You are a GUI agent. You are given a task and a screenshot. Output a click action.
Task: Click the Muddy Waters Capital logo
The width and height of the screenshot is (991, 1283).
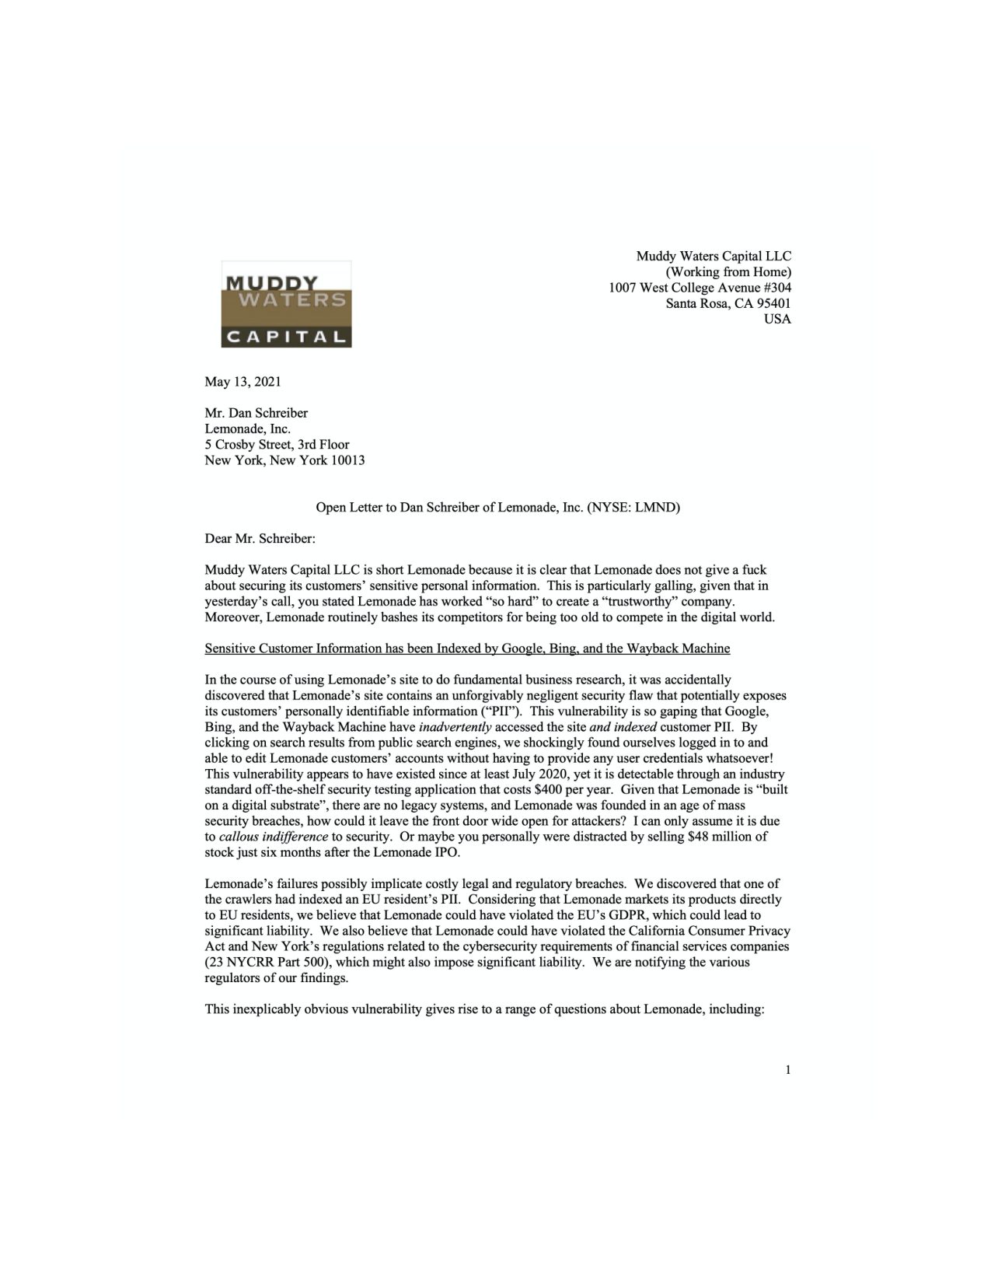point(285,304)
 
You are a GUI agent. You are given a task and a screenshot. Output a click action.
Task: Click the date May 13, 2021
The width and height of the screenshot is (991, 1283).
point(243,382)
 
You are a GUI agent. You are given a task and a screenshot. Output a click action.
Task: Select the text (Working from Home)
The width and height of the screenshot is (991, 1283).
point(724,272)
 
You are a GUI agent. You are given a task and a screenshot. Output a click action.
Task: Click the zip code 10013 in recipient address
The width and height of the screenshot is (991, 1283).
point(347,460)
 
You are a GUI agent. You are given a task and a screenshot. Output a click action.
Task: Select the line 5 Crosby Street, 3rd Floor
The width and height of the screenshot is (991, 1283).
point(277,445)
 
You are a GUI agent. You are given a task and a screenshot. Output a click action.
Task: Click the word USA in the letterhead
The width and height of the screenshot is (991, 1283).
point(779,319)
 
